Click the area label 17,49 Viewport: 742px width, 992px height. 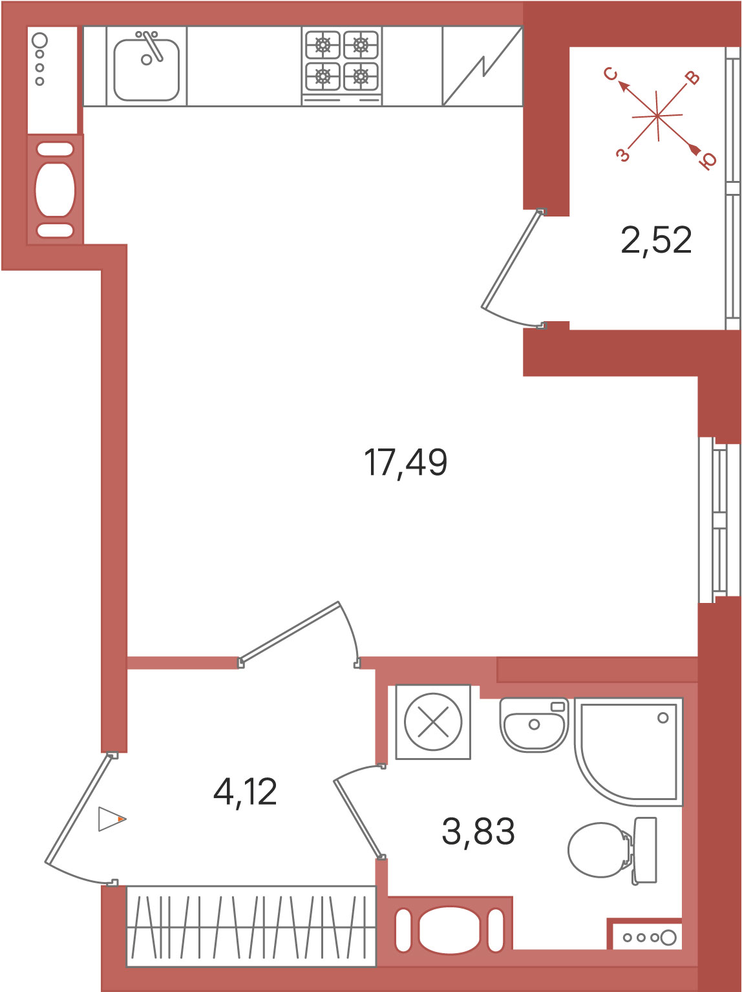pos(405,463)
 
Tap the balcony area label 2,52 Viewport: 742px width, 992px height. pos(656,240)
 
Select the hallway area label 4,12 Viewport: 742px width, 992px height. pos(245,792)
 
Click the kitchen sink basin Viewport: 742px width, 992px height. pos(147,69)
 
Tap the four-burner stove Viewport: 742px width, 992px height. pos(342,66)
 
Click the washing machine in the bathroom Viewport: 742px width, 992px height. pos(433,722)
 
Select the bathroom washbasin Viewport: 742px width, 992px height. pos(534,725)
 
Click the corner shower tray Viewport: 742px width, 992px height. pos(629,752)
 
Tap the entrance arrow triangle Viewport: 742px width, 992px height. pos(112,819)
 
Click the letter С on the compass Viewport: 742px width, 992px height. pos(611,74)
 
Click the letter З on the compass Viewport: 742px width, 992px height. pos(622,155)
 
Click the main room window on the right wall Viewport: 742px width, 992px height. pos(713,520)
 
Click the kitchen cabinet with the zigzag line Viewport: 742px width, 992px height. pos(483,67)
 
